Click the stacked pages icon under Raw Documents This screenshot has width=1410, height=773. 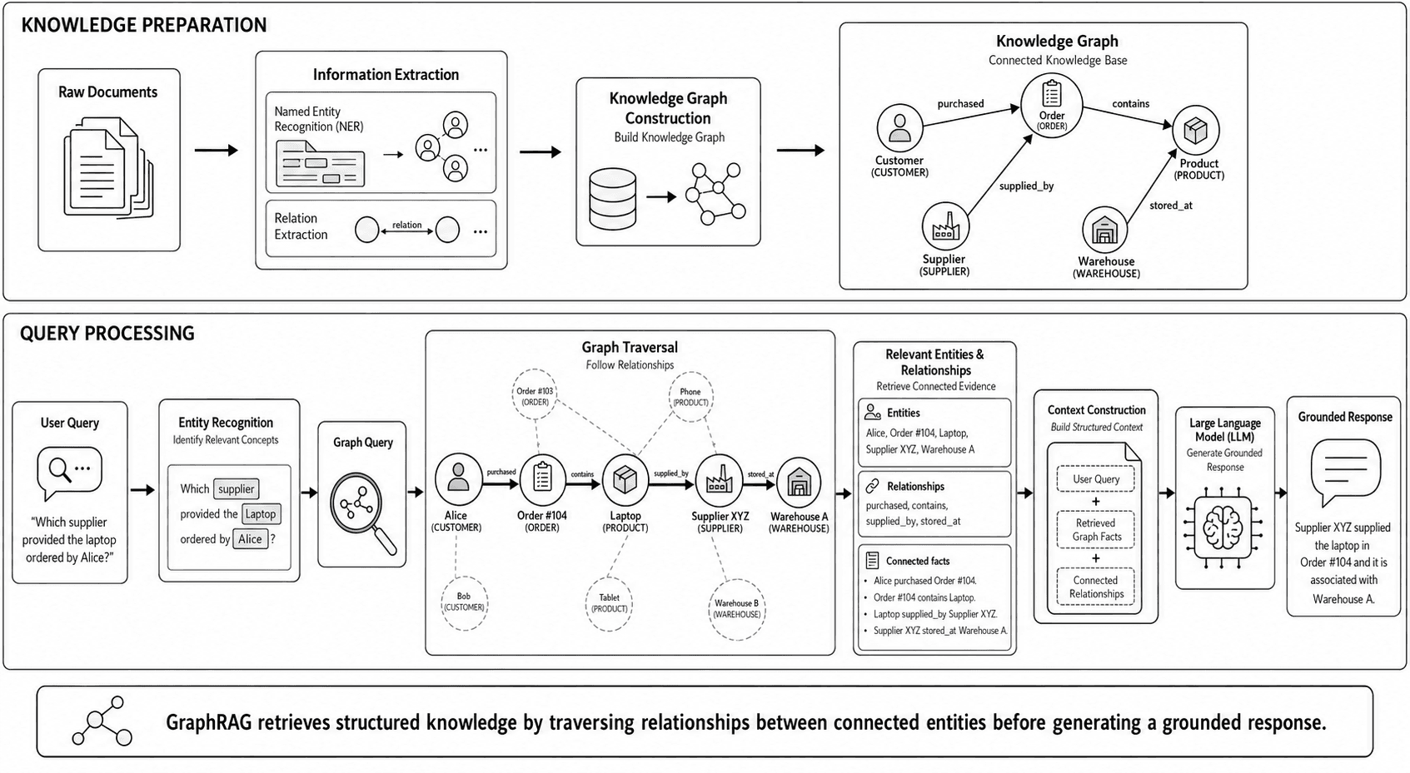tap(107, 167)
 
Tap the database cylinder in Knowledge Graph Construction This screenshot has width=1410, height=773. tap(612, 199)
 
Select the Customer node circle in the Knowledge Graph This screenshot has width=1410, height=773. tap(899, 127)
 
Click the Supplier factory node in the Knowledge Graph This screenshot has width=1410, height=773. tap(944, 226)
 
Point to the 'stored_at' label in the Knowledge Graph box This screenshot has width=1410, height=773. tap(1171, 206)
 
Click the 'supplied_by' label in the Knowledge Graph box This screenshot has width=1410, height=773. tap(1026, 186)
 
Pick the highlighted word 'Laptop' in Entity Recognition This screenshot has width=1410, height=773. tap(261, 514)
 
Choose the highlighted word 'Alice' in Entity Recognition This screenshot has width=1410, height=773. tap(250, 539)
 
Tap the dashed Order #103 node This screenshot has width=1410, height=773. tap(535, 395)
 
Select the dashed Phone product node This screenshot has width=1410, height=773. tap(690, 396)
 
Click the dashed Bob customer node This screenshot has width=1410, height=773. tap(464, 602)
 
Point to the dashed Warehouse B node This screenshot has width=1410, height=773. tap(736, 609)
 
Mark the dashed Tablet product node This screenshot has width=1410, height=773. tap(610, 603)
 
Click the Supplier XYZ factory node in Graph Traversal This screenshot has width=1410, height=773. tap(718, 481)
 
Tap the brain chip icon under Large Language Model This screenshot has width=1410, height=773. tap(1223, 528)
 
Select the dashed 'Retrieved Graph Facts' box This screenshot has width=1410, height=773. tap(1096, 529)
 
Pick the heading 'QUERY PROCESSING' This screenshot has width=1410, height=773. tap(107, 334)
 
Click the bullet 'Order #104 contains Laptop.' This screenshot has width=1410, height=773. tap(924, 597)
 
